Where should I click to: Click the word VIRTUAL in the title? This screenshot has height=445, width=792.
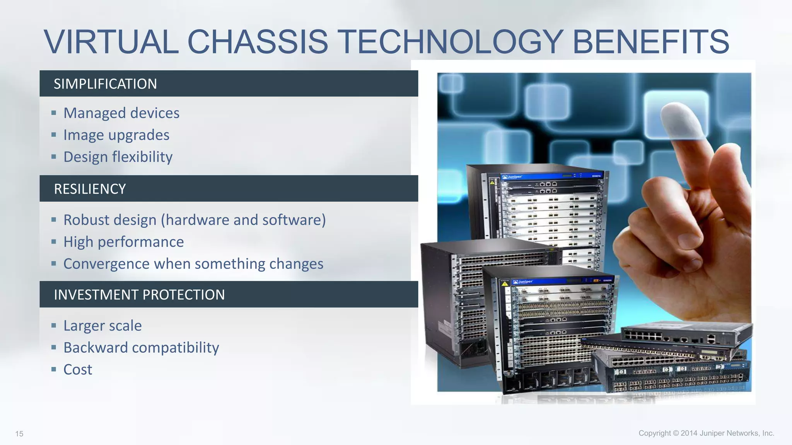click(x=111, y=42)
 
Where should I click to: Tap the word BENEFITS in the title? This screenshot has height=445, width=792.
click(x=650, y=42)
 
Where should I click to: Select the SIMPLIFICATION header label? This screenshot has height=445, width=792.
click(x=105, y=84)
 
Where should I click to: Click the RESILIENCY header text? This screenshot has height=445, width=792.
click(x=90, y=189)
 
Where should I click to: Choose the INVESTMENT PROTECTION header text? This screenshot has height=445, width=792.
click(x=139, y=295)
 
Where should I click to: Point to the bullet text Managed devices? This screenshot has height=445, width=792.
click(x=121, y=113)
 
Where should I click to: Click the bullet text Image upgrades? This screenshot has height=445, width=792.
click(x=116, y=135)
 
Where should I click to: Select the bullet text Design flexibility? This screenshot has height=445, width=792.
click(x=118, y=157)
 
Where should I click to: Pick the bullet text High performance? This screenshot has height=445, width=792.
click(x=124, y=242)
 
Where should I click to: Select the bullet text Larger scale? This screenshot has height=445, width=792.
click(x=102, y=326)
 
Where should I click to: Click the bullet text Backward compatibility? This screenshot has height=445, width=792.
click(x=141, y=348)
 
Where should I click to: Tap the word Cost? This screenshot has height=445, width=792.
click(x=78, y=370)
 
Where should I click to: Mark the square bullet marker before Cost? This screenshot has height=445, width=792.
click(x=54, y=369)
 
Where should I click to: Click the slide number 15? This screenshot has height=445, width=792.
click(x=19, y=434)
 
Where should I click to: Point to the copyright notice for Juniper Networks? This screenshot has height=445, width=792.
click(x=706, y=433)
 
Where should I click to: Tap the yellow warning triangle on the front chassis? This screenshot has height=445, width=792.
click(x=505, y=284)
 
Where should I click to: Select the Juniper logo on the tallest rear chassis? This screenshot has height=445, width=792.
click(x=512, y=177)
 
